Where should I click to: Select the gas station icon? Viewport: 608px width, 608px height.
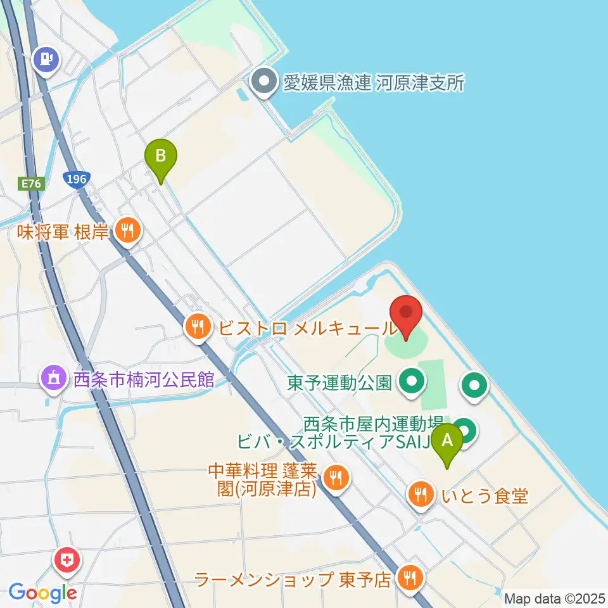coord(47,60)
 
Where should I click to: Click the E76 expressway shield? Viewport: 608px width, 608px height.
coord(30,184)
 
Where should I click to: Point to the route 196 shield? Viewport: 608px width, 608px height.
coord(75,179)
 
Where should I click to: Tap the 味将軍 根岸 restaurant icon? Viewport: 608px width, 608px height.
coord(129,229)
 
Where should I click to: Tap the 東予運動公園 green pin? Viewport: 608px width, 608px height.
coord(412,382)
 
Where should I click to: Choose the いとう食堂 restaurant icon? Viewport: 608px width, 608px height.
coord(421,494)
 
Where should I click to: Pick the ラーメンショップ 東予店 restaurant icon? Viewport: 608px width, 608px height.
coord(410,578)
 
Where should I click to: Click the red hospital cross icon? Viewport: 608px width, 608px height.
coord(66,560)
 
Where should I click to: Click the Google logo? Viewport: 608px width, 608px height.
coord(43,593)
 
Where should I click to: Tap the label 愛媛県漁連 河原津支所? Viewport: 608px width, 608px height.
coord(374,83)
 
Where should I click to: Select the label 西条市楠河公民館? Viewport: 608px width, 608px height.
coord(144,381)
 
